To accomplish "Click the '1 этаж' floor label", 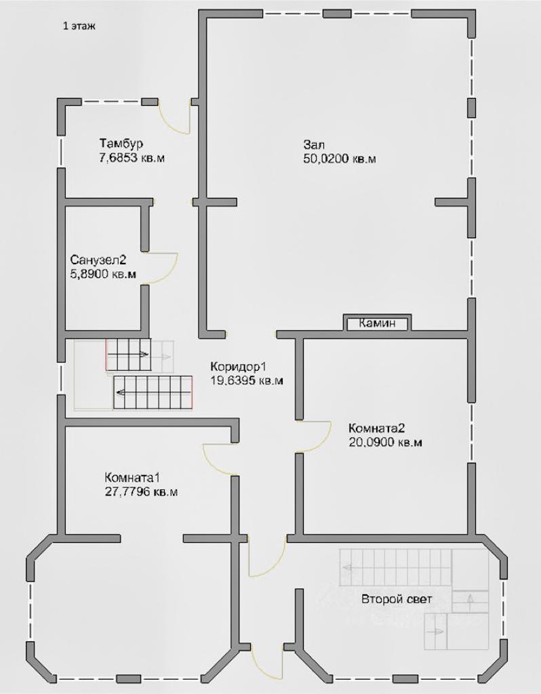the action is pyautogui.click(x=79, y=26).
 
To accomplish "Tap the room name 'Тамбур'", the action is pyautogui.click(x=121, y=144).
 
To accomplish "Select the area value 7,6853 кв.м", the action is pyautogui.click(x=132, y=158).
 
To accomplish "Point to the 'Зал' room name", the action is pyautogui.click(x=314, y=144).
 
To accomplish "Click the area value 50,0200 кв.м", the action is pyautogui.click(x=340, y=159).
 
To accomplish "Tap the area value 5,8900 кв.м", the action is pyautogui.click(x=103, y=274).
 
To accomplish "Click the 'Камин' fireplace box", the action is pyautogui.click(x=377, y=323).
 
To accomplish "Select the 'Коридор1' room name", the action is pyautogui.click(x=239, y=367).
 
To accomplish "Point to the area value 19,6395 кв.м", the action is pyautogui.click(x=247, y=380).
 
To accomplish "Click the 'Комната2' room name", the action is pyautogui.click(x=377, y=428).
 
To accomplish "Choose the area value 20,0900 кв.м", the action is pyautogui.click(x=385, y=442).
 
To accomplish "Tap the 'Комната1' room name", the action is pyautogui.click(x=132, y=478).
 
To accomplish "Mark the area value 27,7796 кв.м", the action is pyautogui.click(x=141, y=492).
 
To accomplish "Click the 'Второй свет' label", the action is pyautogui.click(x=397, y=599).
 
